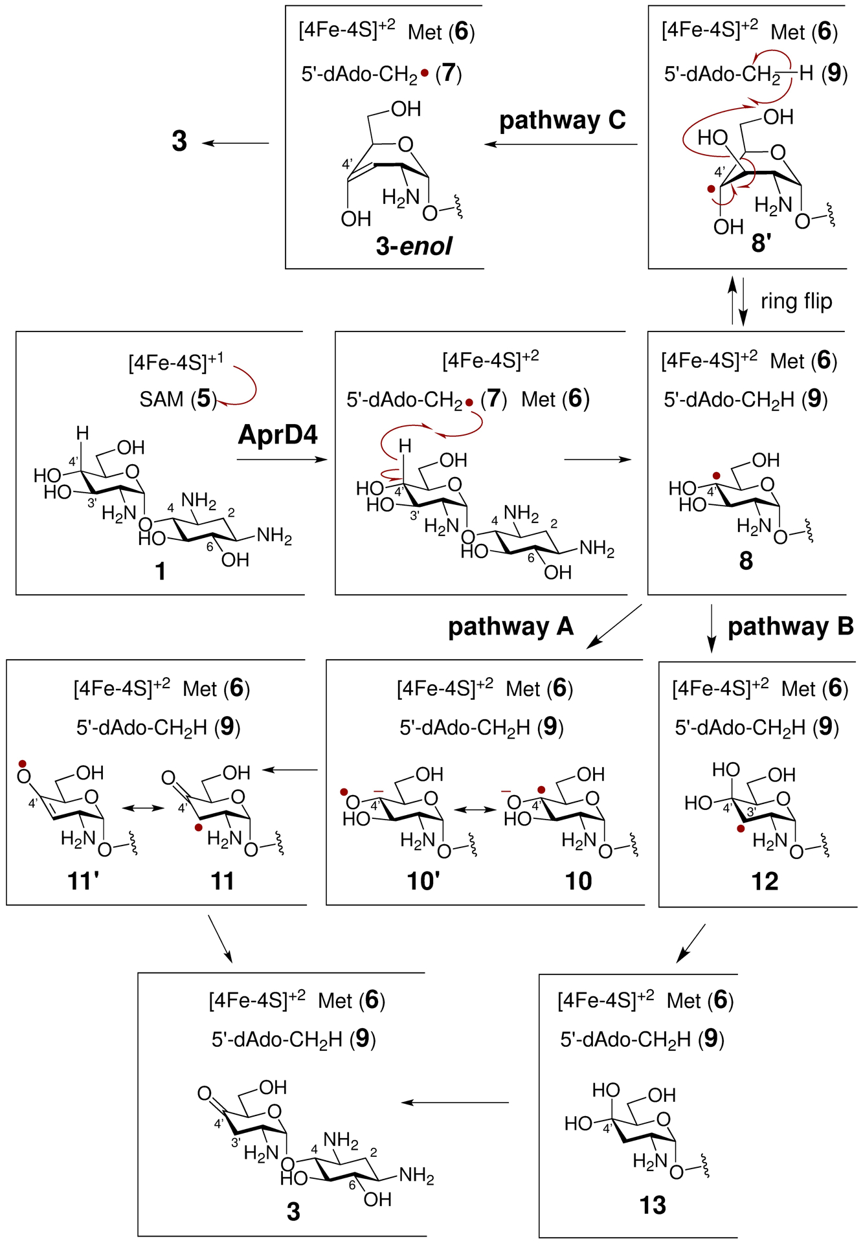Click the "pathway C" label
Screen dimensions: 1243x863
[562, 120]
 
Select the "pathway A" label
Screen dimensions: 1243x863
[511, 627]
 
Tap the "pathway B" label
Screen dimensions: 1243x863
[790, 627]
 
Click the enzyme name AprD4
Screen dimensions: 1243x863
[278, 434]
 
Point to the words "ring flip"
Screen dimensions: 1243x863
[796, 302]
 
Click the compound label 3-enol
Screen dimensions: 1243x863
[414, 246]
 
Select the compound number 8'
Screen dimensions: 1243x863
[761, 243]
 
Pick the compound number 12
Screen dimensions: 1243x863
[765, 881]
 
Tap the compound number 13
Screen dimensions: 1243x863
[653, 1205]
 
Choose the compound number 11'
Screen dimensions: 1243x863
[84, 881]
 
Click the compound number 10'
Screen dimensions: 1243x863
[423, 881]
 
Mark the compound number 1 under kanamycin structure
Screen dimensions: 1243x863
[160, 572]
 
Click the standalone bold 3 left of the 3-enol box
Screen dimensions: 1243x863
[179, 141]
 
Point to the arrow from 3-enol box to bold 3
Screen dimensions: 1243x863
[236, 143]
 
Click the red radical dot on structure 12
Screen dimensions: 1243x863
[741, 828]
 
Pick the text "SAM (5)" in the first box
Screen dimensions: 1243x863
[178, 399]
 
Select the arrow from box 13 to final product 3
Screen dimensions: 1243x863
[455, 1103]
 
